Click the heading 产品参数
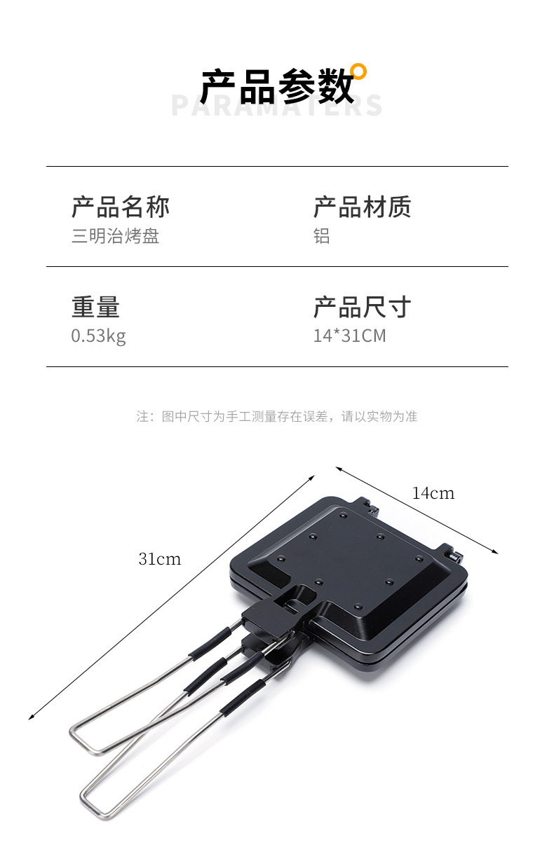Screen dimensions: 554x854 pyautogui.click(x=276, y=87)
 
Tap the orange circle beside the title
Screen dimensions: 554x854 pyautogui.click(x=358, y=71)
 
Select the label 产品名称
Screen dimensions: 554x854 pyautogui.click(x=121, y=207)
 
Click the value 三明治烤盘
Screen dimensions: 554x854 pyautogui.click(x=116, y=236)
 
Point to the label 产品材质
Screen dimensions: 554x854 pyautogui.click(x=362, y=207)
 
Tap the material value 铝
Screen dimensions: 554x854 pyautogui.click(x=321, y=236)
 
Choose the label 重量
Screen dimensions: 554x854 pyautogui.click(x=95, y=307)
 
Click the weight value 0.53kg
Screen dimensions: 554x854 pyautogui.click(x=98, y=336)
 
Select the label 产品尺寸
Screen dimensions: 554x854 pyautogui.click(x=362, y=307)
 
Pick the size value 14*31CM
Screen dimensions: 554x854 pyautogui.click(x=349, y=336)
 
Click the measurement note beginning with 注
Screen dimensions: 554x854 pyautogui.click(x=277, y=416)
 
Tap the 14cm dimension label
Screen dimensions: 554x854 pyautogui.click(x=433, y=493)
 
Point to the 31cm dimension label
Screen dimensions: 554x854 pyautogui.click(x=159, y=558)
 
